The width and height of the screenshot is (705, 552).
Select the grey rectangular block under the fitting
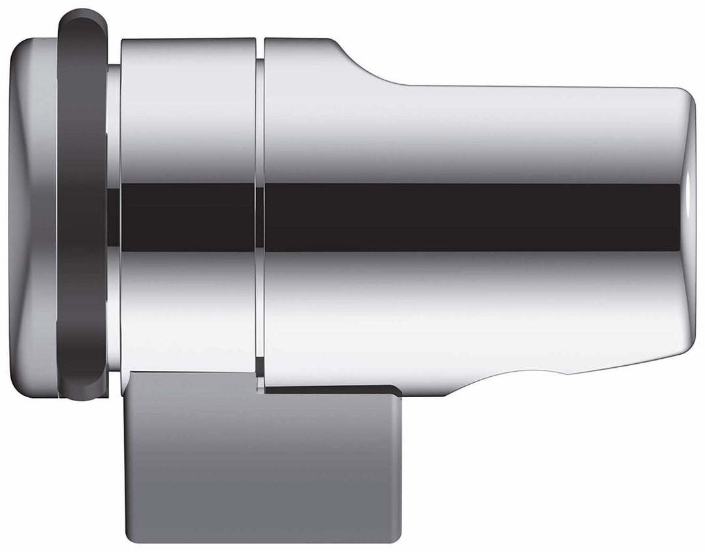[x=261, y=464]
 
